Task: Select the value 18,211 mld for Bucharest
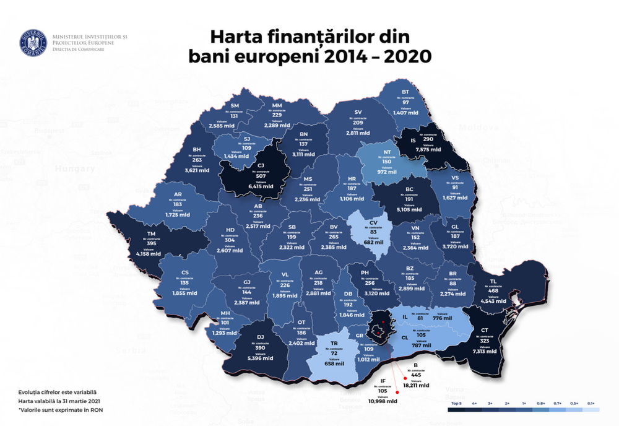pyautogui.click(x=416, y=385)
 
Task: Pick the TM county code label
pyautogui.click(x=150, y=233)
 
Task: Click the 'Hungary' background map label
pyautogui.click(x=74, y=168)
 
